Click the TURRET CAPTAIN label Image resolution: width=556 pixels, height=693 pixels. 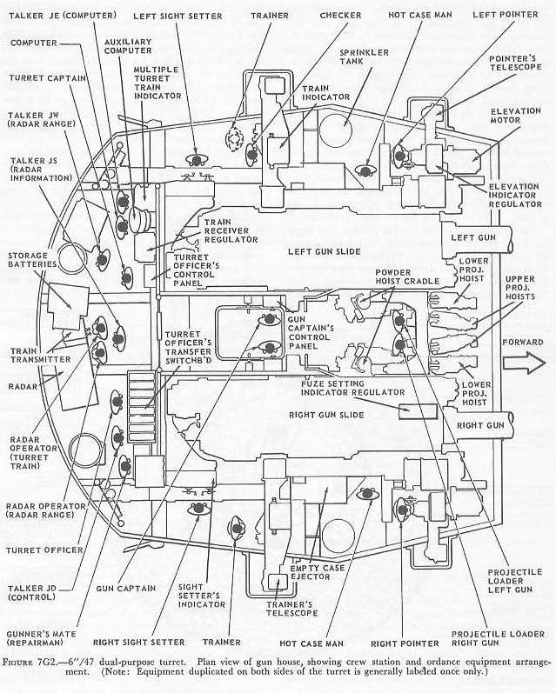tap(40, 77)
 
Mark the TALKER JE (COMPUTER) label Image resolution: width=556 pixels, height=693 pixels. tap(54, 15)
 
